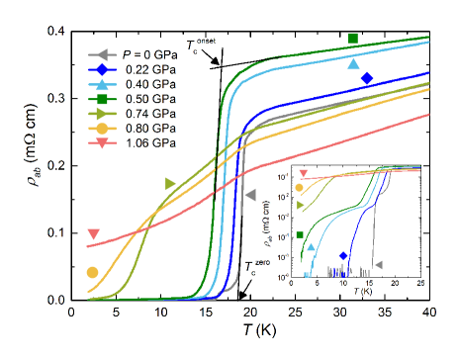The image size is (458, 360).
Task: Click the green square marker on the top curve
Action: (x=352, y=39)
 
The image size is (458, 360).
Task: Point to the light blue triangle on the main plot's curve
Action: (x=354, y=64)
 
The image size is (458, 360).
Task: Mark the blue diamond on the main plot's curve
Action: (x=367, y=77)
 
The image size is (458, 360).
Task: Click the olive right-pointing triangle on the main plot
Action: (x=170, y=184)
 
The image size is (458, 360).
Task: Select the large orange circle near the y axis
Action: (x=93, y=272)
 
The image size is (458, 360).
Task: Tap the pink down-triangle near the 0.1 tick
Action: (x=93, y=234)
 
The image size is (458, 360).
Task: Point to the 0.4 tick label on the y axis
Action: (x=56, y=31)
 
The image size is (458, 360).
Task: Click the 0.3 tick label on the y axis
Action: (x=56, y=98)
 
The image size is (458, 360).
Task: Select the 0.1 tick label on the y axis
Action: (x=56, y=232)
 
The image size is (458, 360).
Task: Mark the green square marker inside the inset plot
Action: (x=299, y=234)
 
